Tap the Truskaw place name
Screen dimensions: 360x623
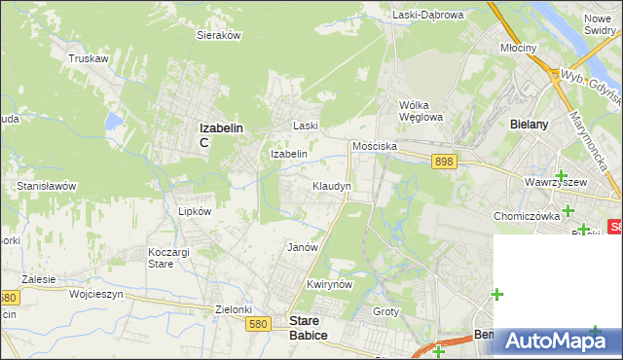click(x=88, y=58)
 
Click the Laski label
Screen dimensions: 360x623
click(x=306, y=126)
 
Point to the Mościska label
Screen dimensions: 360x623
click(x=375, y=146)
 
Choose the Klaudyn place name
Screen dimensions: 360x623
click(x=331, y=185)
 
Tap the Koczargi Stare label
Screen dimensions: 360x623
click(x=161, y=257)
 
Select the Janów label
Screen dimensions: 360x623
click(x=303, y=247)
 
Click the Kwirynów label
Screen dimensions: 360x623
click(x=327, y=284)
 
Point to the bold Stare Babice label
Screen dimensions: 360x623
click(x=309, y=328)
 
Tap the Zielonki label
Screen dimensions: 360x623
click(x=234, y=309)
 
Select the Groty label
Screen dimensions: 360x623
click(x=386, y=311)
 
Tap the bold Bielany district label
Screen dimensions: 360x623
click(x=530, y=125)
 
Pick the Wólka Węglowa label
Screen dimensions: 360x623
click(x=421, y=111)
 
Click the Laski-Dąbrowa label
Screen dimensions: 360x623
click(x=427, y=15)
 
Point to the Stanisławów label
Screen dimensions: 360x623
click(x=47, y=185)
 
